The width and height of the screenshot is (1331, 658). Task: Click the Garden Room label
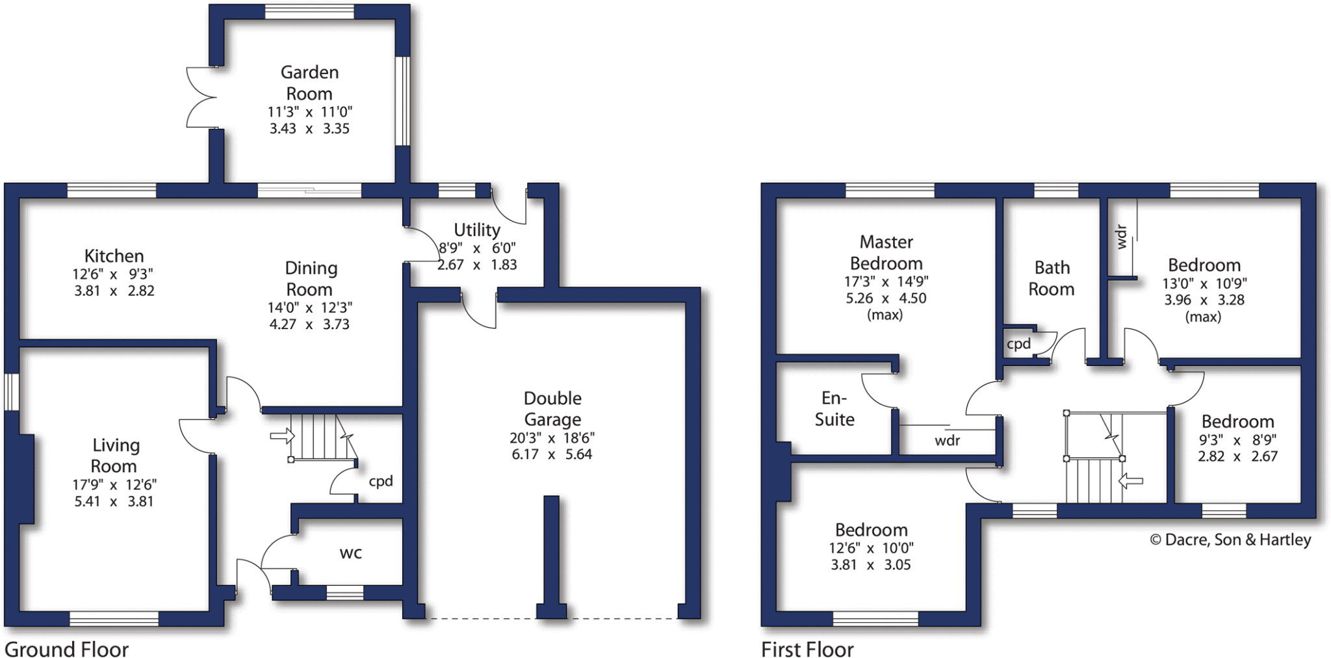[x=309, y=83]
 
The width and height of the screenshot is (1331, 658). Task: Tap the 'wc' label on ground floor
[x=350, y=553]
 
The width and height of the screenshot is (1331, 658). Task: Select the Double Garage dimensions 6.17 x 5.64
[x=552, y=454]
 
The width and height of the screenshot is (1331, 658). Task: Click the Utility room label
[x=477, y=230]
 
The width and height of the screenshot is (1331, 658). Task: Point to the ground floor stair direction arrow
[x=282, y=436]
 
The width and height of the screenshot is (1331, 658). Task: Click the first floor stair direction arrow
[x=1131, y=481]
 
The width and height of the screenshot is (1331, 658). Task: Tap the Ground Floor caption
[x=66, y=649]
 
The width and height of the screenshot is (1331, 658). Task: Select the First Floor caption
[x=807, y=649]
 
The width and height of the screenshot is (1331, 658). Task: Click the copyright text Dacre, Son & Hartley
[x=1230, y=540]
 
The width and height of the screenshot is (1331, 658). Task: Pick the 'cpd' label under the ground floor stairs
[x=381, y=481]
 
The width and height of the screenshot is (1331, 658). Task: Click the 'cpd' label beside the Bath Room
[x=1018, y=343]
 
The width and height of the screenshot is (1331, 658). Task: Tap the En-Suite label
[x=834, y=408]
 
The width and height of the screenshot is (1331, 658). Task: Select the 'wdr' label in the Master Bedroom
[x=948, y=440]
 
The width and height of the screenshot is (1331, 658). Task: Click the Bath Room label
[x=1052, y=278]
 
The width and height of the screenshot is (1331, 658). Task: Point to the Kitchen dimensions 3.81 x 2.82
[x=114, y=291]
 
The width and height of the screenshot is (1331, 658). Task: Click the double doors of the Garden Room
[x=200, y=98]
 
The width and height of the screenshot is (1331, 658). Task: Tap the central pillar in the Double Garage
[x=551, y=553]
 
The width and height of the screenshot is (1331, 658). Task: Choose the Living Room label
[x=114, y=455]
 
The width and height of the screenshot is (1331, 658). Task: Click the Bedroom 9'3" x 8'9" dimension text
[x=1237, y=440]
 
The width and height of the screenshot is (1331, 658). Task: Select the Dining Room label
[x=310, y=278]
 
